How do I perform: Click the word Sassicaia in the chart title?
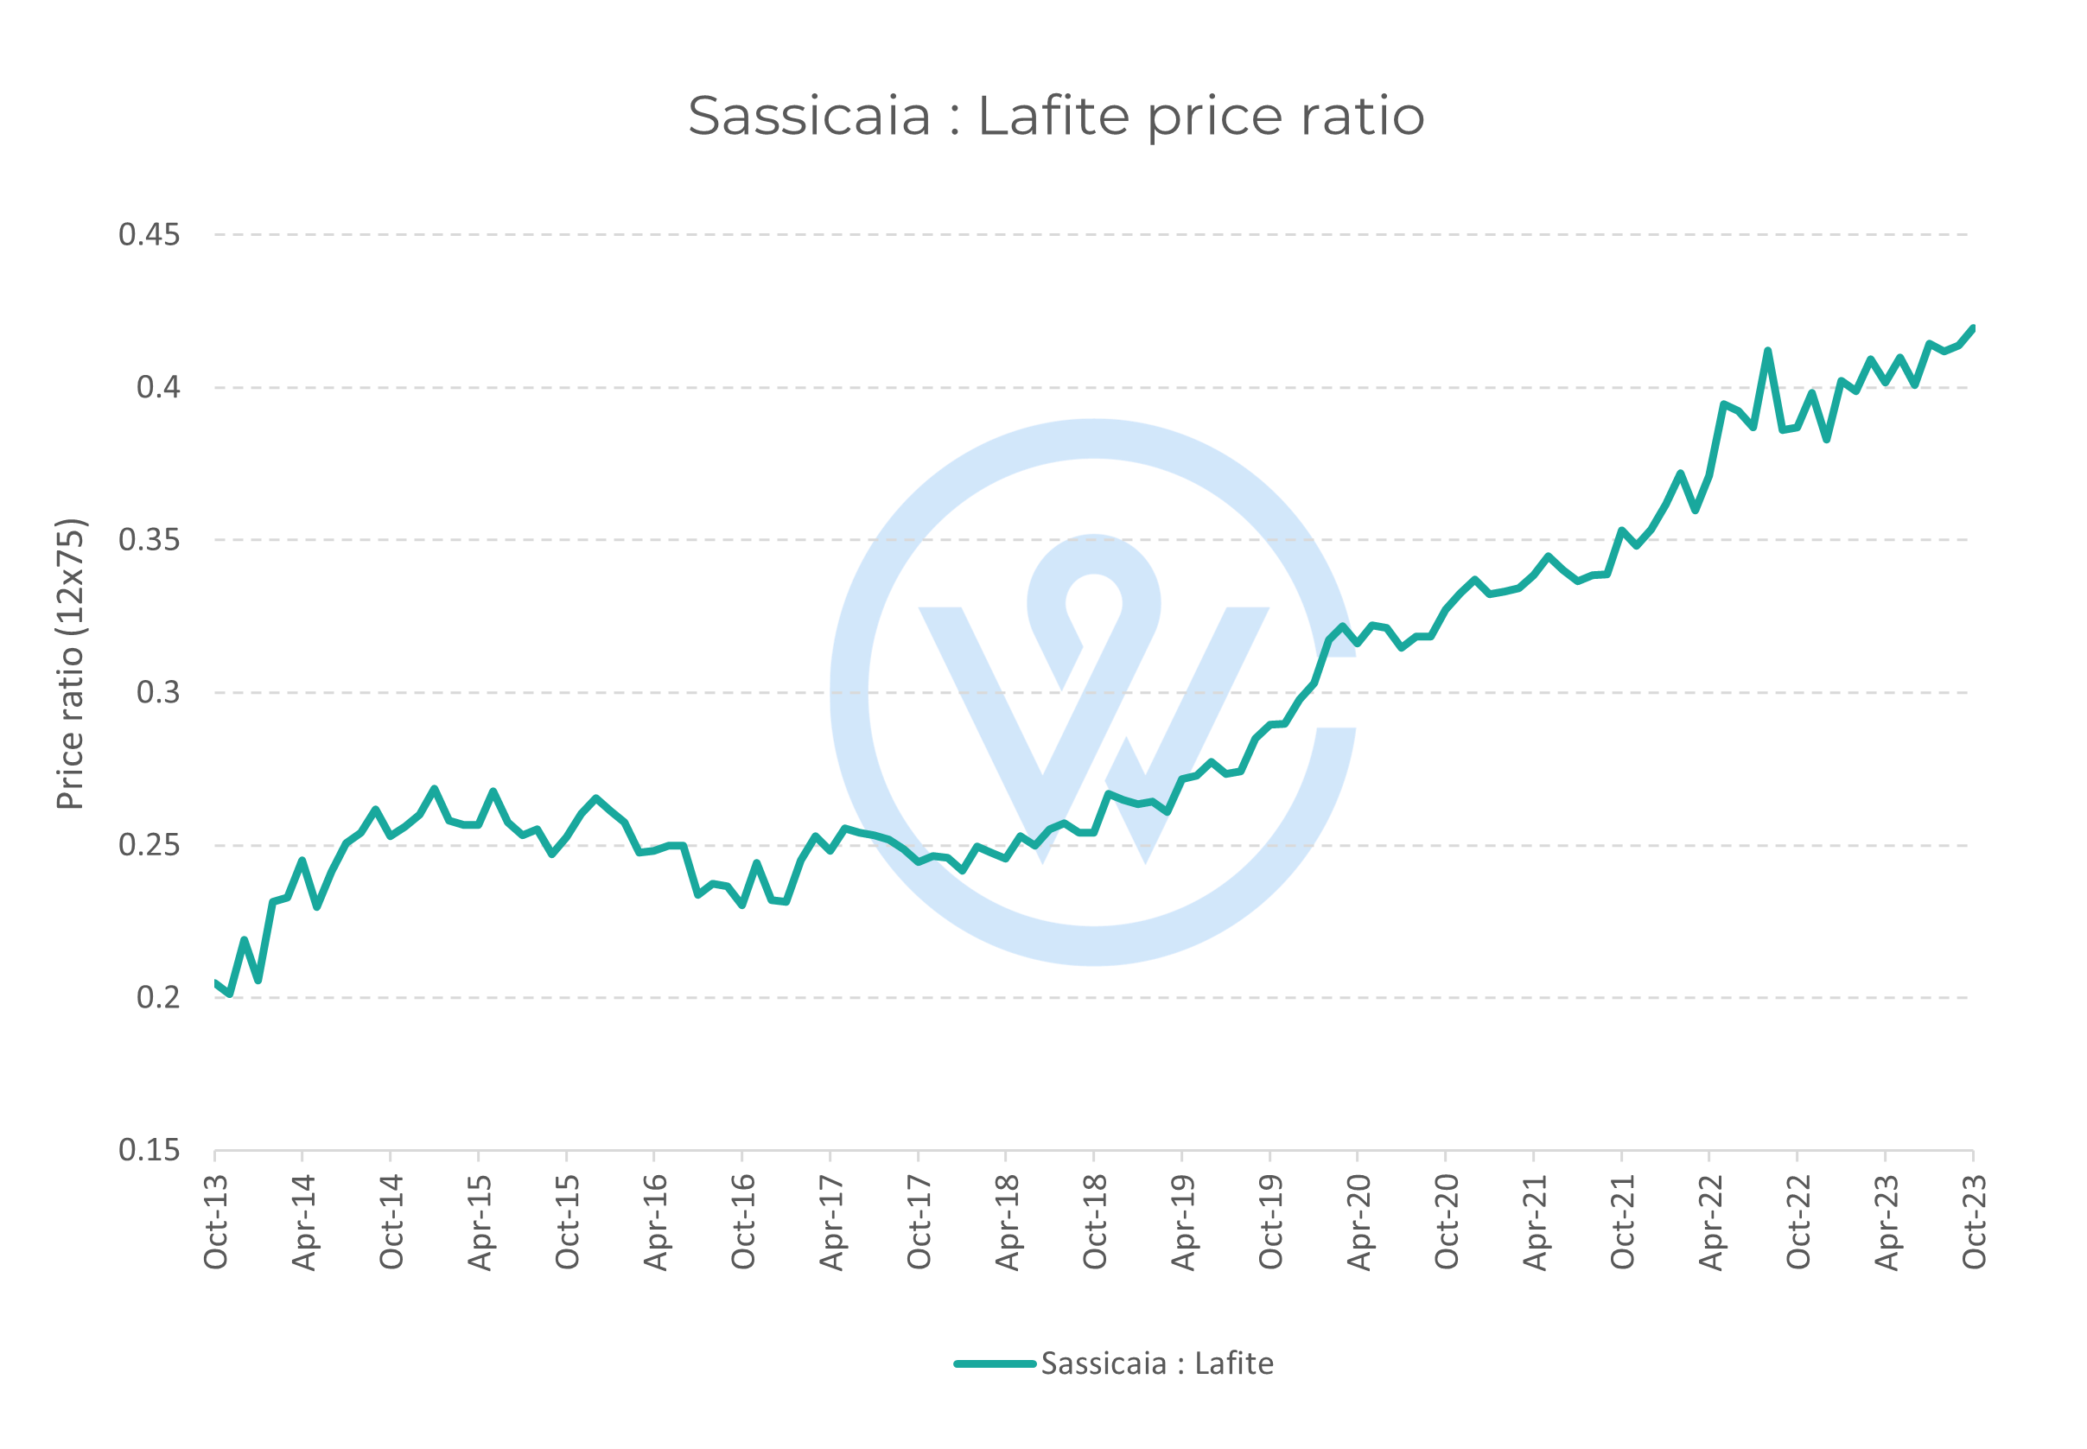[x=809, y=116]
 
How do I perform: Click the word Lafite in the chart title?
[x=1053, y=116]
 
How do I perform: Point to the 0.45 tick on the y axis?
[x=149, y=235]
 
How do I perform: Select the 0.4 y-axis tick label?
[x=158, y=388]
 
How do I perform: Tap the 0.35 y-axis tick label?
[x=149, y=540]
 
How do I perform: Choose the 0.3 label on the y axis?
[x=158, y=693]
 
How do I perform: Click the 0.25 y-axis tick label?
[x=149, y=845]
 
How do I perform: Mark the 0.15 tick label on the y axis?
[x=149, y=1150]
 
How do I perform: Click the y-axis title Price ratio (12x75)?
[x=70, y=664]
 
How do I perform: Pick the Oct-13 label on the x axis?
[x=216, y=1221]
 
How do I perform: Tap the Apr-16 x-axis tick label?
[x=655, y=1221]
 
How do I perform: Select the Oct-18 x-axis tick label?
[x=1095, y=1221]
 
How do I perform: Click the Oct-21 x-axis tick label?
[x=1622, y=1221]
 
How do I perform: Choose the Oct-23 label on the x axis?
[x=1974, y=1221]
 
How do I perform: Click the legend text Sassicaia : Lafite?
[x=1156, y=1363]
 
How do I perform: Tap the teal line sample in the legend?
[x=994, y=1363]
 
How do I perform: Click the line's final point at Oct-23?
[x=1972, y=328]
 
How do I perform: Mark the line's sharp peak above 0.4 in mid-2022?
[x=1767, y=351]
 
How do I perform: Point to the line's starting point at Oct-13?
[x=216, y=983]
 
